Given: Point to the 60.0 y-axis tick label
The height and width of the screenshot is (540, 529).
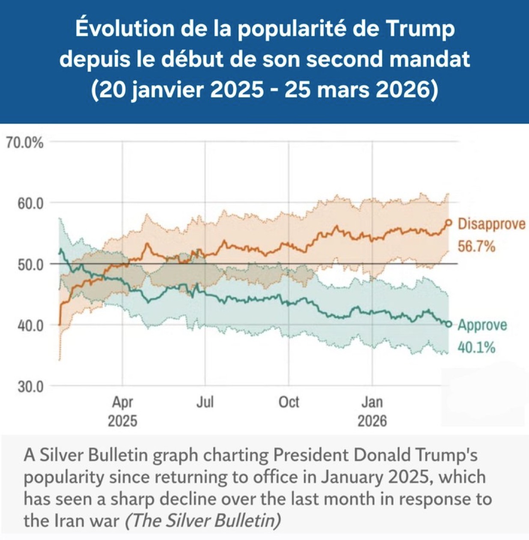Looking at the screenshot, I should [30, 203].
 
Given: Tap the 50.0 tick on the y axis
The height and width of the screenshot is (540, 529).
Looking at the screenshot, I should [30, 264].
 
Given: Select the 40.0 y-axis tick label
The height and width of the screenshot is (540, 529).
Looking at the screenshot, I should [30, 326].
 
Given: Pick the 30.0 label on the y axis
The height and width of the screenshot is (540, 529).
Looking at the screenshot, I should [30, 387].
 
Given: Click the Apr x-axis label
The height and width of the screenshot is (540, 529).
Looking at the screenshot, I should [122, 403].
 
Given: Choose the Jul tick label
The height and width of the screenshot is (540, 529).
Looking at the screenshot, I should [205, 403].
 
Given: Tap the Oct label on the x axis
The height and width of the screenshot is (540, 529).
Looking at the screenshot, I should [289, 403].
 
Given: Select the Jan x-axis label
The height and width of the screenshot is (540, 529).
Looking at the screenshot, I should [372, 403].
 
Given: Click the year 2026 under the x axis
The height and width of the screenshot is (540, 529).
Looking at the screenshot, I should [372, 421].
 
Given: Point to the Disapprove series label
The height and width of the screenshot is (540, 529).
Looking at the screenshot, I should [491, 224].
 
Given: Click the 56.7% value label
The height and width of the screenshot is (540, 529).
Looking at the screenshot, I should [476, 246].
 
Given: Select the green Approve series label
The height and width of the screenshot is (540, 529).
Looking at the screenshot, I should [482, 325].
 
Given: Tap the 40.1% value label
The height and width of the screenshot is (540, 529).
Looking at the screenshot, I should [476, 347].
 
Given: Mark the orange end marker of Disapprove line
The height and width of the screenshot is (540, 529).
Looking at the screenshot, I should [449, 223].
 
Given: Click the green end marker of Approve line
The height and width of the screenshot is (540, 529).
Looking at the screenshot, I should [449, 324].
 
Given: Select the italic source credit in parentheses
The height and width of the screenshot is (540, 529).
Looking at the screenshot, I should [203, 520].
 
